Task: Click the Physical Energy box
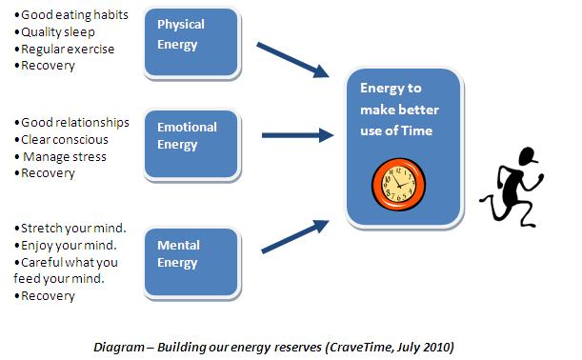point(187,41)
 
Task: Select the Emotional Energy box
point(187,143)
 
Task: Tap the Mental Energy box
point(187,254)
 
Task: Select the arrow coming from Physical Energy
point(291,59)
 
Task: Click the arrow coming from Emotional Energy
point(294,136)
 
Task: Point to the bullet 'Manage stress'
point(64,157)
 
